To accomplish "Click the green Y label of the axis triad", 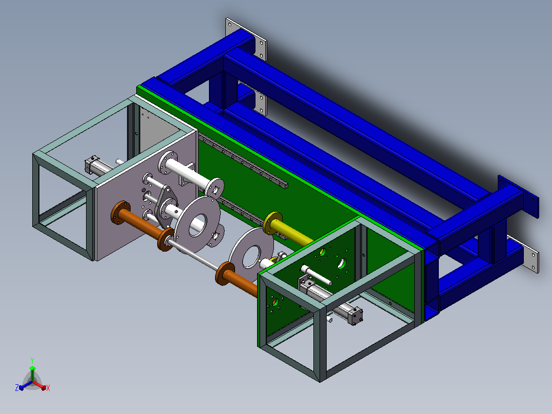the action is tap(32, 360).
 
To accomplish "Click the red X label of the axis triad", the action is tap(48, 388).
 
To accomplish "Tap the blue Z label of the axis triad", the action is tap(16, 387).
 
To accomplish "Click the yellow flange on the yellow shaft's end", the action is tap(273, 223).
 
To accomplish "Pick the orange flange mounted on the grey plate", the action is tap(120, 213).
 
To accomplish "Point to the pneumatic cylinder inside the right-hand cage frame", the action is tap(330, 300).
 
